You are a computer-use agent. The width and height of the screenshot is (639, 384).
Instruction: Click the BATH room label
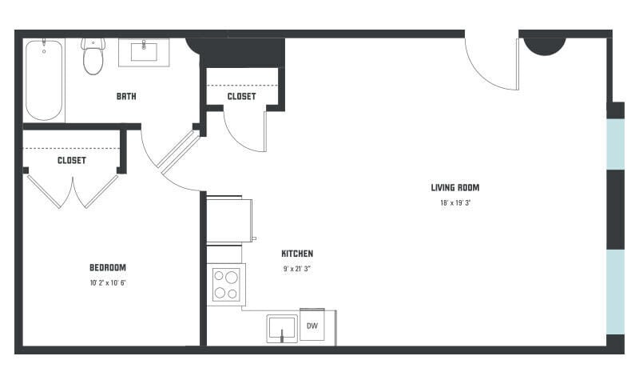tap(126, 97)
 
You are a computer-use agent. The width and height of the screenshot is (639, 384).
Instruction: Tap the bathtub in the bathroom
tap(44, 79)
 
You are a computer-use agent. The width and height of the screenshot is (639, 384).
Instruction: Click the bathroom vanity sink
tap(144, 52)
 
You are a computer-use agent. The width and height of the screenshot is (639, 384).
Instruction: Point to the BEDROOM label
tap(107, 268)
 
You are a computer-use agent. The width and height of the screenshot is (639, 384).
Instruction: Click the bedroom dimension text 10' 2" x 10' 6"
tap(107, 282)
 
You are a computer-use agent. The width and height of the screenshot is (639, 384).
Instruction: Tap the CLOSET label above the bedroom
tap(72, 160)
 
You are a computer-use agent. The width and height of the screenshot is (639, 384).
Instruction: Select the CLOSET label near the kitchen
tap(241, 97)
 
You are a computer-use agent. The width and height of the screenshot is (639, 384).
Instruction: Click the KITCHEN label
tap(297, 254)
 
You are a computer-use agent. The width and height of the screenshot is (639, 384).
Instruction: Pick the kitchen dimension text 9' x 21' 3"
tap(297, 269)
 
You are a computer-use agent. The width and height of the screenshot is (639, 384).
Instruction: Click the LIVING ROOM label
tap(455, 188)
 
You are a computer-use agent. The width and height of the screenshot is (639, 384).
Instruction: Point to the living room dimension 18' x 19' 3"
tap(455, 203)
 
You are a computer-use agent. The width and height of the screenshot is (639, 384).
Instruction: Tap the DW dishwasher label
tap(312, 326)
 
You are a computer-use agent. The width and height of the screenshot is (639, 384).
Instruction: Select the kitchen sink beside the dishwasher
tap(282, 328)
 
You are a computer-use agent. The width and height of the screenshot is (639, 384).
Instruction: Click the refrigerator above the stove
tap(230, 219)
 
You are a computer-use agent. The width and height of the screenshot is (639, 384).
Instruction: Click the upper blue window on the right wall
tap(615, 144)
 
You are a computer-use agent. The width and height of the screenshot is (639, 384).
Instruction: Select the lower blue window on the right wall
tap(615, 291)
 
